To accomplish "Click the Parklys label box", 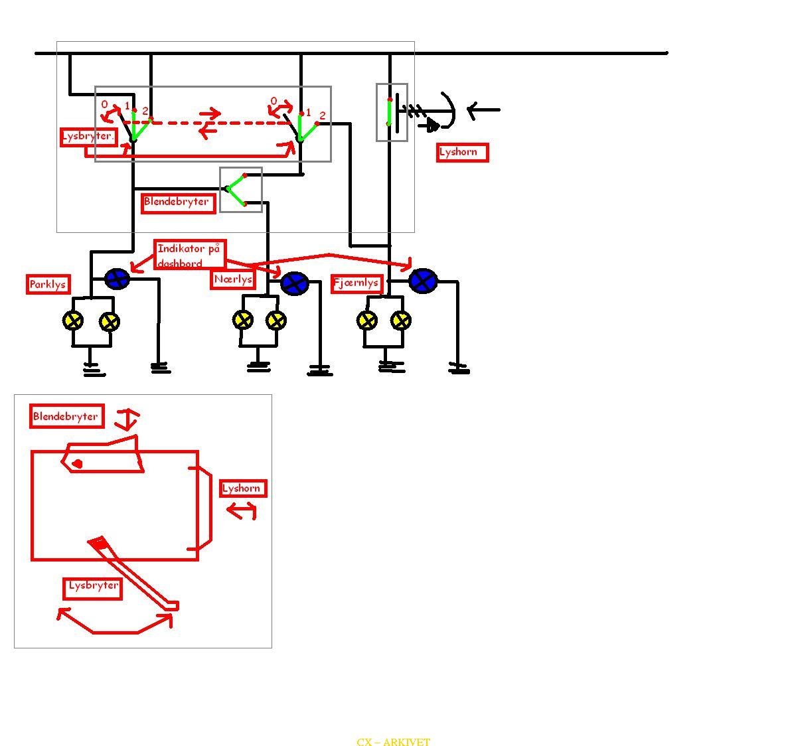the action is tap(48, 284).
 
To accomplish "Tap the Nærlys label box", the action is tap(232, 279).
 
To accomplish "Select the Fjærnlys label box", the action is tap(356, 283).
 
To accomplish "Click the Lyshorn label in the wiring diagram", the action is tap(462, 152).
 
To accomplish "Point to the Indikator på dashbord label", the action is tap(190, 255).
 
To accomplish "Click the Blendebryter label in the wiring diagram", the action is tap(179, 203).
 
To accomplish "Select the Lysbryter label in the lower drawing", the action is tap(93, 588).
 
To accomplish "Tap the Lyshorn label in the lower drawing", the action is tap(243, 488).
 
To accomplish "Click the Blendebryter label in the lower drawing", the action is tap(67, 416).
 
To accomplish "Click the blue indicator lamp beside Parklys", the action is tap(117, 279).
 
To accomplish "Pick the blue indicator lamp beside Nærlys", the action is tap(295, 284).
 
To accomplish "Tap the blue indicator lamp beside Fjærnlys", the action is tap(423, 281).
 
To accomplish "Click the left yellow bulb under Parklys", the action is tap(73, 321).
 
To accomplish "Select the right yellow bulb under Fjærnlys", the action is tap(400, 321).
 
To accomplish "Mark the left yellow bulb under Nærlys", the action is tap(243, 320).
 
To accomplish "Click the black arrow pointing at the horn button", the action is tap(483, 110).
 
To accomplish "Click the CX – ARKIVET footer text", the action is tap(394, 742).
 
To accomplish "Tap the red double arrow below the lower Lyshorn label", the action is tap(242, 512).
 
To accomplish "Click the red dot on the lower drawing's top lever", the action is tap(78, 464).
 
